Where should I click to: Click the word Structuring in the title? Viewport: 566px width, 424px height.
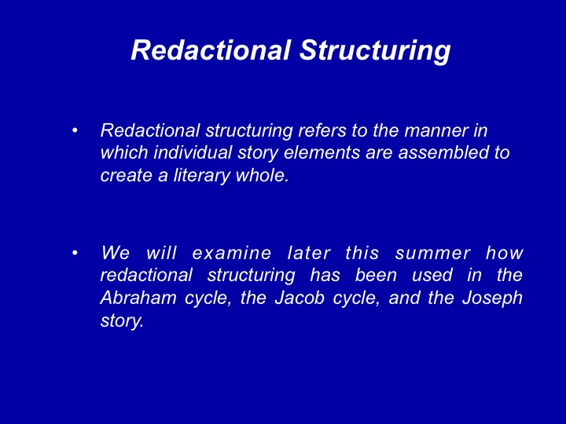point(375,50)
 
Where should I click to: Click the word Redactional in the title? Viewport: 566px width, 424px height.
point(211,49)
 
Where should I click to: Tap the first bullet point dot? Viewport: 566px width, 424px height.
point(75,130)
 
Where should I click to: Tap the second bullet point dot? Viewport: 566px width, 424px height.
point(75,253)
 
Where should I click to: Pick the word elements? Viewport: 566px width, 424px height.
point(322,152)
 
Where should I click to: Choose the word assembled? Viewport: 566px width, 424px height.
point(443,152)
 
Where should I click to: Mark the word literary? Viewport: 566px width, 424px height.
point(202,176)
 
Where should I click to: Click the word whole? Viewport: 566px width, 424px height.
point(262,176)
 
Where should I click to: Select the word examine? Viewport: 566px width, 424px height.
point(231,253)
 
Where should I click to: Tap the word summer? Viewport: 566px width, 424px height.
point(433,254)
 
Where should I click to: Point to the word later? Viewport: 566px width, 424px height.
point(309,253)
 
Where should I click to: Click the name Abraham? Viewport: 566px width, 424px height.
point(138,298)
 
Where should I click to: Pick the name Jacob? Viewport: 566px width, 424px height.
point(300,298)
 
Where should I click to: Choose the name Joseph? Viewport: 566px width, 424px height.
point(492,298)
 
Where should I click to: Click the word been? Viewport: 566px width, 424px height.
point(376,275)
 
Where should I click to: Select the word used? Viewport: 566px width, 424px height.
point(432,275)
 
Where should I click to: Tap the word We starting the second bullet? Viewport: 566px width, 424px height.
point(115,253)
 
